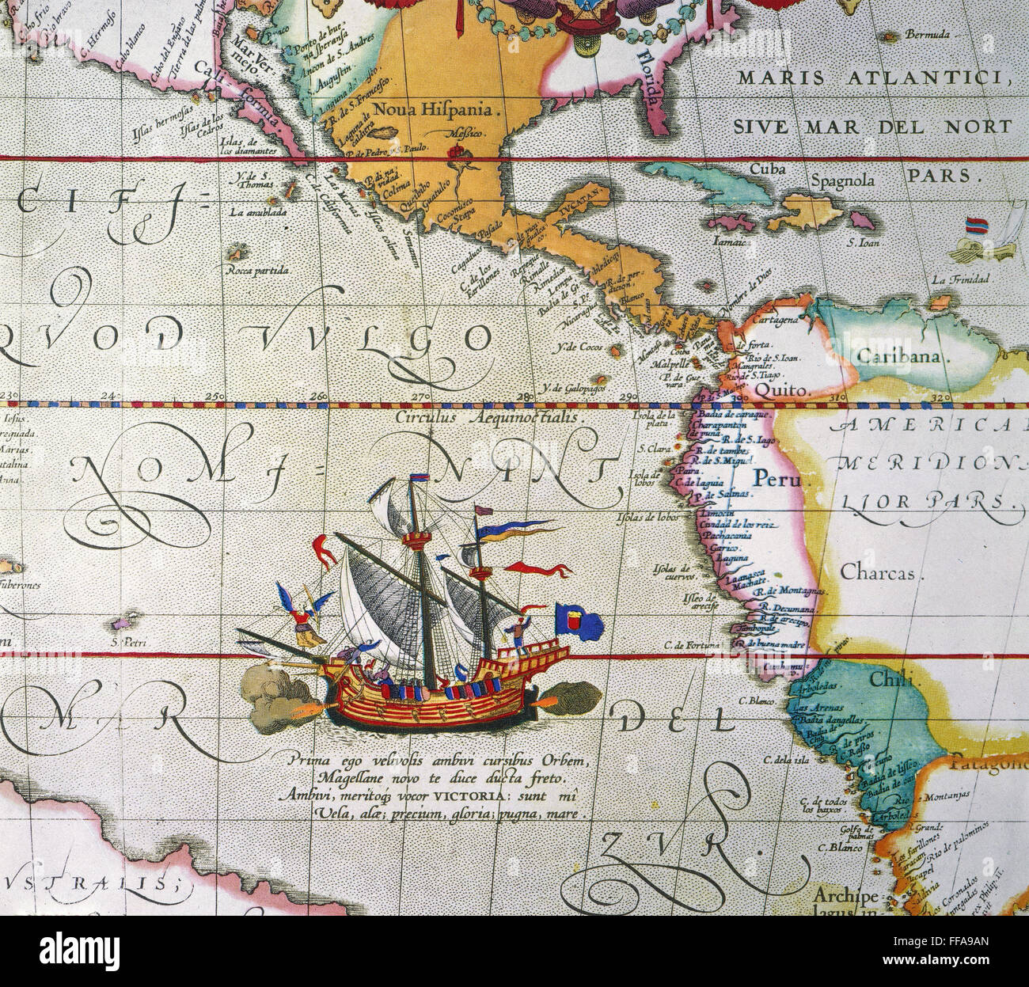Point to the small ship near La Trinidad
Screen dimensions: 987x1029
980,239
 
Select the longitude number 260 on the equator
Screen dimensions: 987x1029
319,396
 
